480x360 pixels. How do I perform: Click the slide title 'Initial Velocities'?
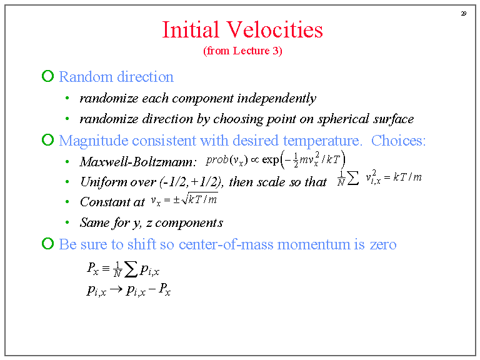(x=242, y=29)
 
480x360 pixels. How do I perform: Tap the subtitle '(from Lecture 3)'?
(x=242, y=51)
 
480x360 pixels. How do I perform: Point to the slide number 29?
(x=464, y=14)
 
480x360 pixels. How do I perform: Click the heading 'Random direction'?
(x=116, y=77)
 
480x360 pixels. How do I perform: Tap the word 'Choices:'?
(x=398, y=140)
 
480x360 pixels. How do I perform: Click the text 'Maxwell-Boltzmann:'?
(x=138, y=162)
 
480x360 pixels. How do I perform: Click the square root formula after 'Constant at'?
(x=185, y=200)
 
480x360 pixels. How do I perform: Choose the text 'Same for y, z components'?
(x=151, y=222)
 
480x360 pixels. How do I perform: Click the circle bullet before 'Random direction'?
(x=48, y=77)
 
